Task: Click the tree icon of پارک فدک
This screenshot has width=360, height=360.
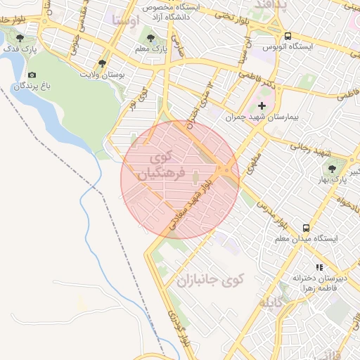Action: point(20,38)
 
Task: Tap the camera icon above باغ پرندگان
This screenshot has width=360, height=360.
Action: point(32,75)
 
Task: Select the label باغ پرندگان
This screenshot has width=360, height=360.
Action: point(32,86)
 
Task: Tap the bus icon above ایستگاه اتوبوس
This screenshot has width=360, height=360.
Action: point(288,36)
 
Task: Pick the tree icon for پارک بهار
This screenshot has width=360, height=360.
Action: point(331,167)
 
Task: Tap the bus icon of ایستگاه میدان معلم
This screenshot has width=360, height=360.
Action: point(306,227)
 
